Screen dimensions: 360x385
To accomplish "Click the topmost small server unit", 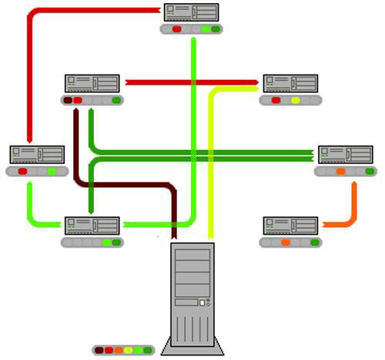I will pos(191,12).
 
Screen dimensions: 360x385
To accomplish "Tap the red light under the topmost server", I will pos(176,29).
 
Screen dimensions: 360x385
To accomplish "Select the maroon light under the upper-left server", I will pos(68,100).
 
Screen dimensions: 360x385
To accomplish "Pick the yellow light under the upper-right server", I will pos(296,100).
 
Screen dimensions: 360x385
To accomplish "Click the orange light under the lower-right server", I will pos(286,242).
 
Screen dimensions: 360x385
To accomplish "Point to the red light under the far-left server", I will pos(22,172).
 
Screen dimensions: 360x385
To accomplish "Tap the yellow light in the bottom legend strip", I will pos(129,350).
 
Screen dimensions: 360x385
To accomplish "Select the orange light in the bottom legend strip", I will pos(119,350).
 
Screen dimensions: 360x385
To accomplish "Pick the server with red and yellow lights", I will pos(290,83).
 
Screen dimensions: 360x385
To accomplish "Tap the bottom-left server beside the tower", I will pos(92,225).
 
